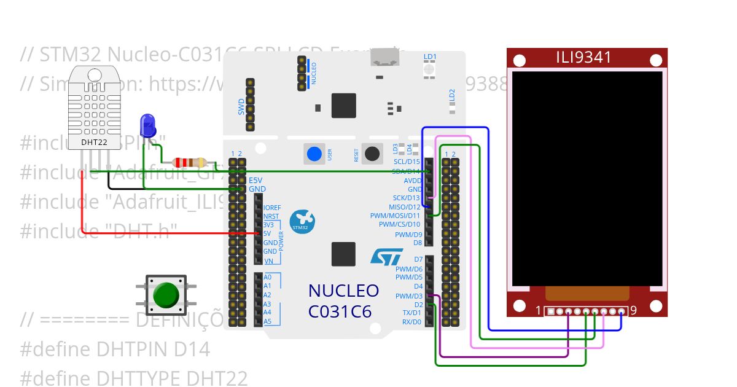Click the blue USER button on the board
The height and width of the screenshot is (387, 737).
314,154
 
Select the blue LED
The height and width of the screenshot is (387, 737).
147,125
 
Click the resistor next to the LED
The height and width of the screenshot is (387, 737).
190,162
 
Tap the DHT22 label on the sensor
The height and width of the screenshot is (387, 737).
93,143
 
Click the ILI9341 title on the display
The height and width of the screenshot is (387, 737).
583,58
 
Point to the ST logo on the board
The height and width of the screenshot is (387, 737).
387,256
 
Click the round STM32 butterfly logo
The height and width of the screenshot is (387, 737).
302,222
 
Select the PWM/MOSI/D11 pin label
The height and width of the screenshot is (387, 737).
395,216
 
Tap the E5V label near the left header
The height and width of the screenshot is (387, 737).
255,180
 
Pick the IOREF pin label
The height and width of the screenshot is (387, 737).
272,208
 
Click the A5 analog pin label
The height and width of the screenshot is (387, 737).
267,321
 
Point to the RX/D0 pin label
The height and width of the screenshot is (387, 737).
411,321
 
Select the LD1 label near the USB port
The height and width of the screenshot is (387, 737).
430,57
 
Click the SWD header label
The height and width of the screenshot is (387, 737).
241,107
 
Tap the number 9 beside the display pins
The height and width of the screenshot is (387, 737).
633,310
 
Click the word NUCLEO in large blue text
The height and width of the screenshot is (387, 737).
343,291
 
